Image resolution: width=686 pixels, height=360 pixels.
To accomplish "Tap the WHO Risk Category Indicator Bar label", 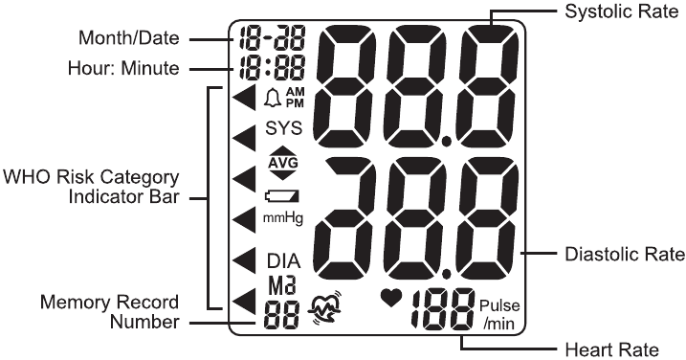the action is click(92, 190).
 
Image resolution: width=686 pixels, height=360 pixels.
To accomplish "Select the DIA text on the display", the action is click(282, 260).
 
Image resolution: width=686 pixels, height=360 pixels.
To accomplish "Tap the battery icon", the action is click(281, 196).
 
